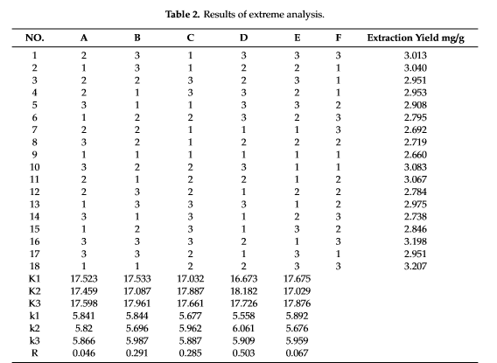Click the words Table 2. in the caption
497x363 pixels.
tap(182, 14)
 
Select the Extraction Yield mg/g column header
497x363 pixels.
tap(416, 38)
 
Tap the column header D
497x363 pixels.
tap(243, 38)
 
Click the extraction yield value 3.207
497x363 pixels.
tap(416, 266)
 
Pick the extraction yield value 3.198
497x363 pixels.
tap(416, 241)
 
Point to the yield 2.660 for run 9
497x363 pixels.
tap(416, 155)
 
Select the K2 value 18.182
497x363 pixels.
tap(244, 290)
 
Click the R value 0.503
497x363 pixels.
tap(243, 353)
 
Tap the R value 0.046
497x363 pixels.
tap(84, 353)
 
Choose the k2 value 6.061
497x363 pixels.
tap(243, 328)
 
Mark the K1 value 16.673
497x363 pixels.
tap(244, 278)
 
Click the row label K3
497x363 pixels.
tap(34, 304)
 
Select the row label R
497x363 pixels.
tap(34, 353)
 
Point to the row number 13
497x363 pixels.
tap(34, 205)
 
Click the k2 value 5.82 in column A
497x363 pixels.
tap(84, 328)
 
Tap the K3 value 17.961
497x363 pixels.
tap(137, 304)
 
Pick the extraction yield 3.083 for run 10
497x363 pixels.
tap(416, 167)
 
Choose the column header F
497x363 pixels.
tap(339, 38)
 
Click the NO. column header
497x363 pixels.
tap(34, 38)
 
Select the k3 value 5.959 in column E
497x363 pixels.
tap(297, 340)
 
